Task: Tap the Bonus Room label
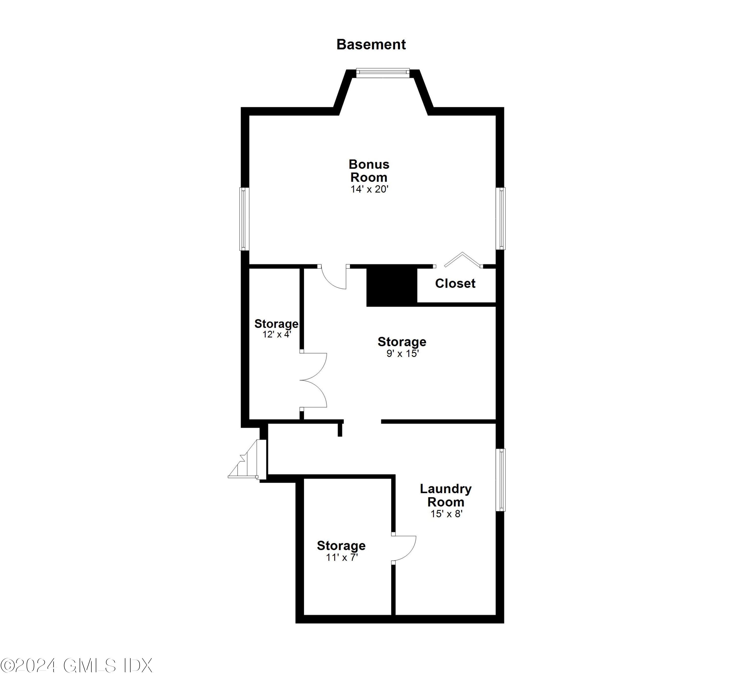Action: pos(369,171)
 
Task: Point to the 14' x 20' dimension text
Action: pos(369,189)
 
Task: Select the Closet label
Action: pos(455,283)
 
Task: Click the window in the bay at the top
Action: pos(383,73)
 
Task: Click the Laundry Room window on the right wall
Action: pos(501,479)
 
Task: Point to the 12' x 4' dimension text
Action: pos(276,334)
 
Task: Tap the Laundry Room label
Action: pos(446,495)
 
